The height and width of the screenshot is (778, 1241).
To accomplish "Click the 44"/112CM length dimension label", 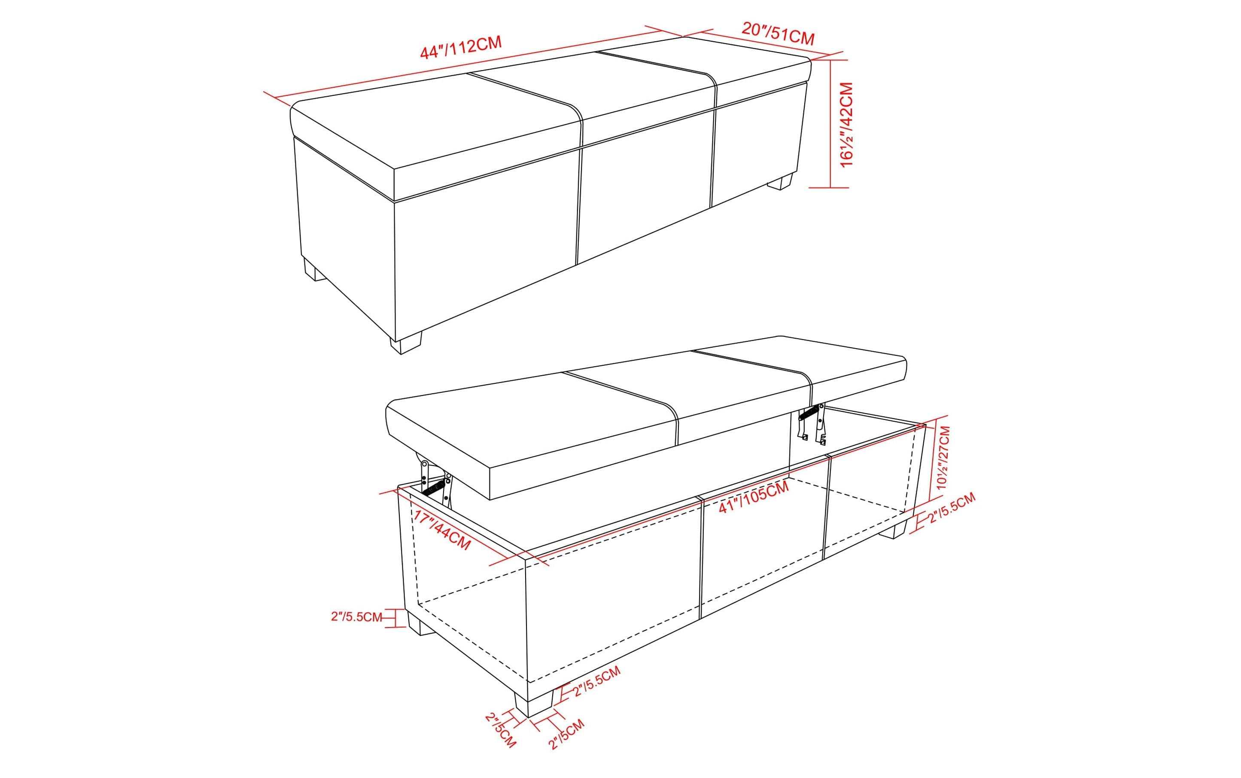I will click(x=461, y=47).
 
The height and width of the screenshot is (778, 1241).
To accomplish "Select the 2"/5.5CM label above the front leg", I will click(x=596, y=681).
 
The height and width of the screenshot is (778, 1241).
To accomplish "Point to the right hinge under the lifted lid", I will click(x=812, y=423).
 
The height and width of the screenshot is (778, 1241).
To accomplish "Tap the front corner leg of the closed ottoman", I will click(x=406, y=342).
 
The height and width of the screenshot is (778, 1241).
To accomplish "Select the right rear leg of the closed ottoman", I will click(x=779, y=182).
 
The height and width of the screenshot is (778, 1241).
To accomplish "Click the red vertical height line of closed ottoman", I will click(x=831, y=123).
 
